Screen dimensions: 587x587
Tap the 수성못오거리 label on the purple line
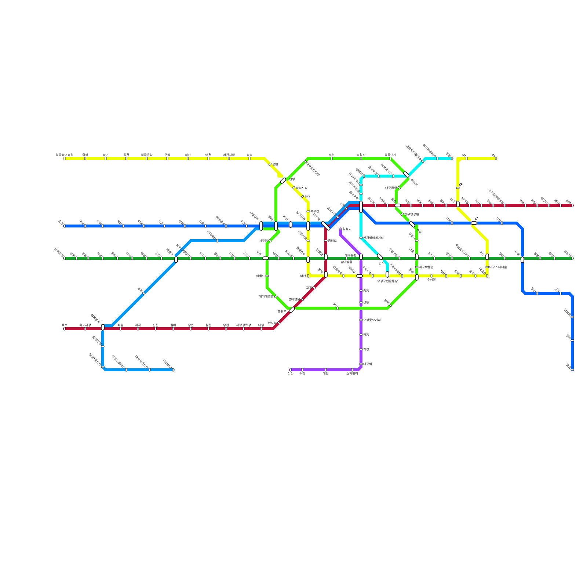point(372,320)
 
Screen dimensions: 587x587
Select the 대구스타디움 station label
point(498,267)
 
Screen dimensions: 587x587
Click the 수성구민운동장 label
point(387,281)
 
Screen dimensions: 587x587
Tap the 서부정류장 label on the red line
point(243,325)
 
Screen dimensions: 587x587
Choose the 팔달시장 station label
point(301,188)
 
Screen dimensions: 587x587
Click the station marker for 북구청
point(308,211)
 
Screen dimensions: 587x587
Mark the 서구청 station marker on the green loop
point(270,241)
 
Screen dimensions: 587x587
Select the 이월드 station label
point(260,276)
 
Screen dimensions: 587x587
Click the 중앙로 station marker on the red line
point(326,241)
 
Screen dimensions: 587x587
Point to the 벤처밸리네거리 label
point(373,238)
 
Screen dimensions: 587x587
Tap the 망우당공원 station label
point(411,214)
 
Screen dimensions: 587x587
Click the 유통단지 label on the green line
point(390,155)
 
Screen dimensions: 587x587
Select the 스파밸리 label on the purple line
point(352,373)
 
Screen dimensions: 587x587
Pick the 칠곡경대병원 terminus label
point(64,155)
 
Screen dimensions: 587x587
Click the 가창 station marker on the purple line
point(361,349)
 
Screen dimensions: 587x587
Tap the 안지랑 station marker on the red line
point(279,323)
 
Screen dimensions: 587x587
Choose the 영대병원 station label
point(294,299)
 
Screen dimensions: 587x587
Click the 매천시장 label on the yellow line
point(229,155)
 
